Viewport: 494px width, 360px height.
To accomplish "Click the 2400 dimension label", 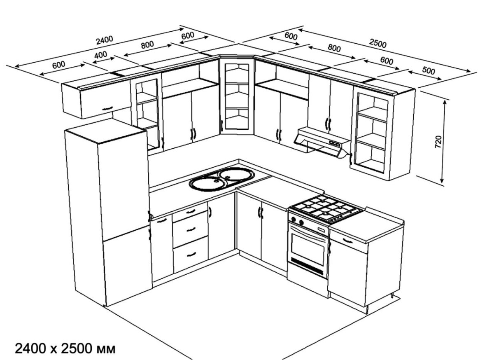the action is [x=105, y=40].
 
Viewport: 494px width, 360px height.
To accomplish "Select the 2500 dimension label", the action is [x=378, y=44].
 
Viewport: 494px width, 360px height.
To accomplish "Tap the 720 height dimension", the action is [x=438, y=142].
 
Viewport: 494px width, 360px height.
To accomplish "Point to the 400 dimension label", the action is [x=100, y=55].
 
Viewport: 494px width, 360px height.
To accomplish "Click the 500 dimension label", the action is [x=429, y=70].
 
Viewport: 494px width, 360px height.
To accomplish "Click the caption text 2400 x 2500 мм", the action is [x=65, y=349].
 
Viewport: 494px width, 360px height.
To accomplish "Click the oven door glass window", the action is [x=308, y=245].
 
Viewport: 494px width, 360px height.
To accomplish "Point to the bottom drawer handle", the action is [x=191, y=254].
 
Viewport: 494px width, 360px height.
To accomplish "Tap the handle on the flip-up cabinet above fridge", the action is [x=107, y=108].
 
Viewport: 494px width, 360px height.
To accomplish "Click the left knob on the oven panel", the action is [x=294, y=219].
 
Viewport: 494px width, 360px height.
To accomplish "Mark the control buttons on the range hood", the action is [x=335, y=143].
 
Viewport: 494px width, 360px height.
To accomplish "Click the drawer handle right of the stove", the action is [x=347, y=241].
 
